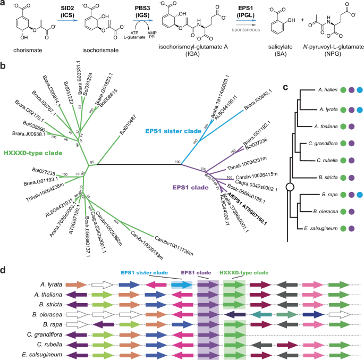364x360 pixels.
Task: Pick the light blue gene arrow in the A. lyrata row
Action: click(181, 286)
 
